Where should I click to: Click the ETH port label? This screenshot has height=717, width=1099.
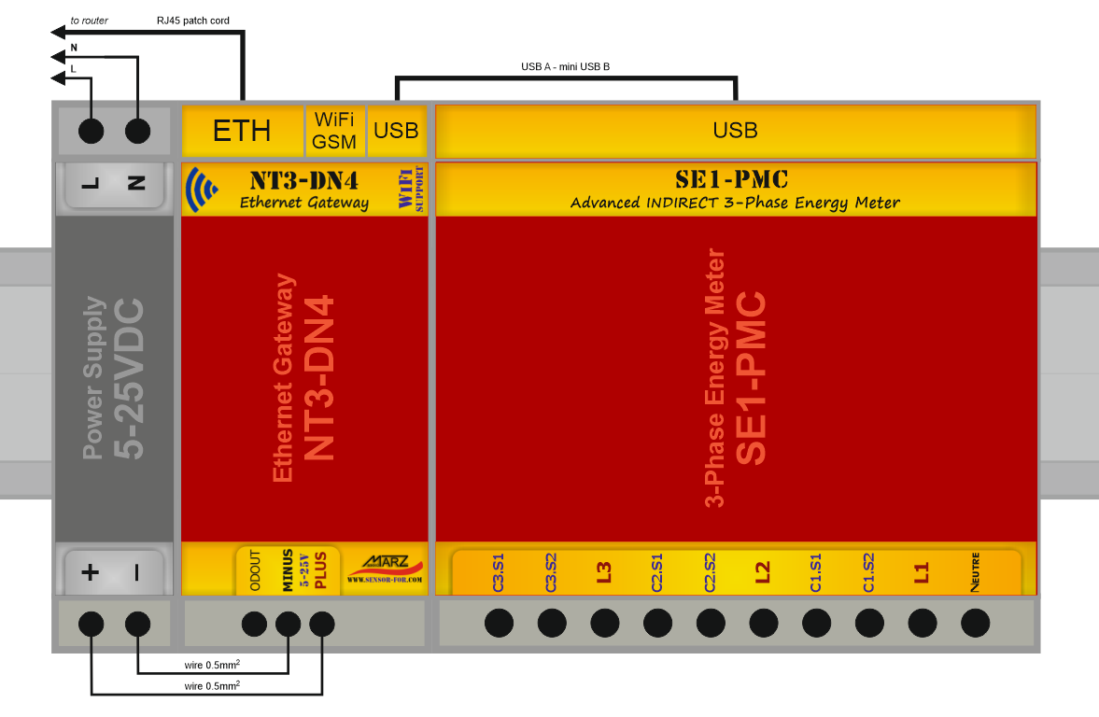pos(242,131)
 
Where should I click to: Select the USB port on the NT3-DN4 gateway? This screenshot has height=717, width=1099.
pos(396,131)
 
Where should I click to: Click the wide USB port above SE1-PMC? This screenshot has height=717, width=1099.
pos(735,131)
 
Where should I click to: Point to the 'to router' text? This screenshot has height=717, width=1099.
pos(90,20)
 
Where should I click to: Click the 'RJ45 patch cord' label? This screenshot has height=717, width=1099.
pos(193,20)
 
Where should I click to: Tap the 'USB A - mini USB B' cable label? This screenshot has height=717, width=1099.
pos(565,66)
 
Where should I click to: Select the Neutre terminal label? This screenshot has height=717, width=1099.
pos(975,570)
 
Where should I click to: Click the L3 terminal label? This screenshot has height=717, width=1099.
pos(604,572)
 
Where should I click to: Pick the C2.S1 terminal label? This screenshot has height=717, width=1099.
pos(657,572)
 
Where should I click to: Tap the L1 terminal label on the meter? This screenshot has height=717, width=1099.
pos(922,572)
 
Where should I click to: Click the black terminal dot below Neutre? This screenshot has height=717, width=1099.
pos(975,623)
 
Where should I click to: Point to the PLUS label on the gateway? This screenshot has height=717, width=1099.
pos(320,569)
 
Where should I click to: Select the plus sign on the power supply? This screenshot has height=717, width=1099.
pos(91,572)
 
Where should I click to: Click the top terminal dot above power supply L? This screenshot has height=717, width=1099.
pos(91,132)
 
